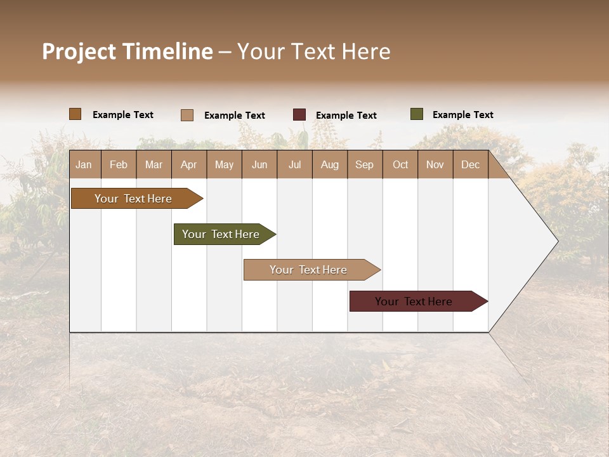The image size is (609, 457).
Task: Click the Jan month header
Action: [84, 164]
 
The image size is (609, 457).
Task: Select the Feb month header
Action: [119, 164]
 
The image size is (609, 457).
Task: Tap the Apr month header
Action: [188, 164]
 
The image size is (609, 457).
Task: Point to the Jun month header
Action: [259, 164]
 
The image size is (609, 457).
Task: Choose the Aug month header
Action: [329, 164]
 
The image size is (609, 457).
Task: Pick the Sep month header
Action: [364, 164]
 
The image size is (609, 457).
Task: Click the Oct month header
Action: [400, 164]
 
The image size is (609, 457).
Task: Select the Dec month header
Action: [470, 164]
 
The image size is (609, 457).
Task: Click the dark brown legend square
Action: [75, 114]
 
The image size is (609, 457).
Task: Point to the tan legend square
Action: [187, 115]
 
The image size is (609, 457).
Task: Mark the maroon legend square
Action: [299, 115]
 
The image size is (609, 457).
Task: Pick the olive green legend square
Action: [416, 114]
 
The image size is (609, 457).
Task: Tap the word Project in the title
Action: [79, 51]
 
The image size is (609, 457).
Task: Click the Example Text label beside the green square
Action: [462, 115]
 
